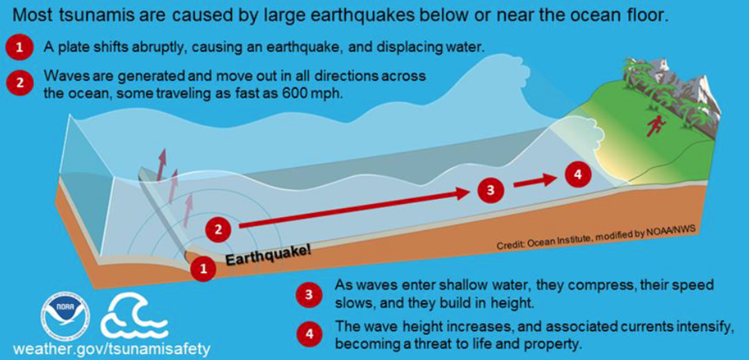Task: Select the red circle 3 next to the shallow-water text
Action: (309, 295)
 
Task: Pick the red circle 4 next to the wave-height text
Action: (309, 334)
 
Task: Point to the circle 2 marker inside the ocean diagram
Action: (219, 230)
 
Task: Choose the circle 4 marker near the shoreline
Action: (578, 174)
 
